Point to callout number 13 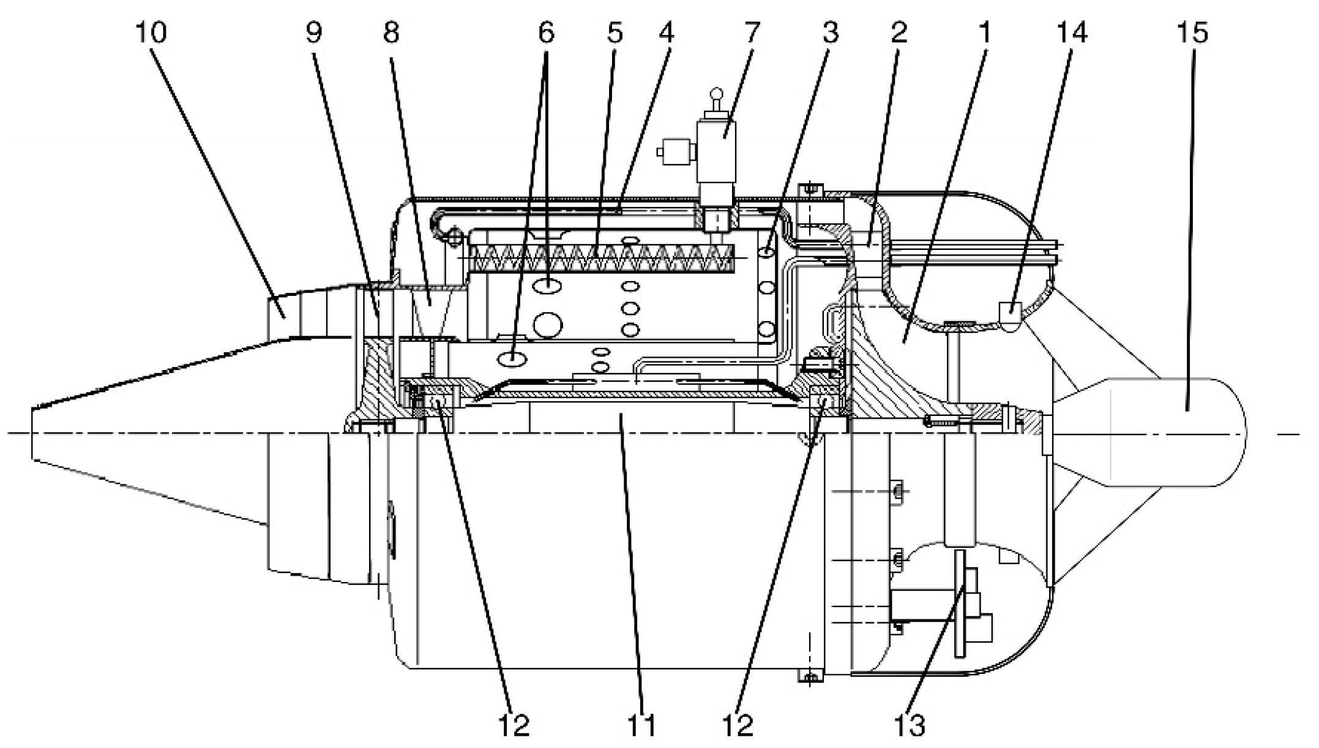(910, 727)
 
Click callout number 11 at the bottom (641, 727)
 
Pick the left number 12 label (513, 727)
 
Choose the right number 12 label (738, 727)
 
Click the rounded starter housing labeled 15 (1175, 432)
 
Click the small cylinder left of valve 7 (676, 152)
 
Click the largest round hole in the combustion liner (547, 323)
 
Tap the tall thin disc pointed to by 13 (958, 603)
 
